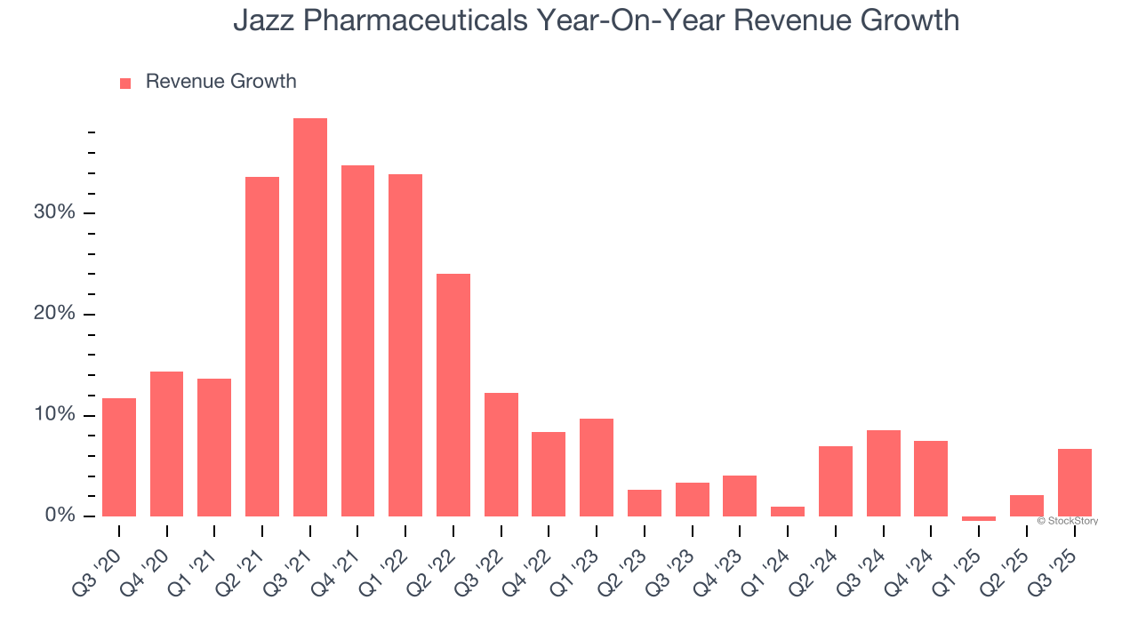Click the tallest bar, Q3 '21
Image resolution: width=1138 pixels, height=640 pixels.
(310, 317)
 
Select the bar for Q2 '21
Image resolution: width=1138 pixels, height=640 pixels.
(262, 347)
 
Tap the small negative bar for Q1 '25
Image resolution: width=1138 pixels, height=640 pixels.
(979, 518)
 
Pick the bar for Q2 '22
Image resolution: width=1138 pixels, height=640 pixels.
(453, 395)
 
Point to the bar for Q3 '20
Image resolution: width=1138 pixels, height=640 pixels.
(119, 457)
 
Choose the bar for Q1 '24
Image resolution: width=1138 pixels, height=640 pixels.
(788, 511)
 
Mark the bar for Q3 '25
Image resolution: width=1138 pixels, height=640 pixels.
(1074, 483)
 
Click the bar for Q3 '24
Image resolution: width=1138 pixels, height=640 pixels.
(883, 473)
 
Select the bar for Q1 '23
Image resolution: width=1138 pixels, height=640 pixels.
(597, 468)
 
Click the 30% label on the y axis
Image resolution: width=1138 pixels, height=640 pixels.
(55, 213)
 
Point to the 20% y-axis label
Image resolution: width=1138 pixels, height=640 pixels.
(55, 315)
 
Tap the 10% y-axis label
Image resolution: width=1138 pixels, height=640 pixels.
(55, 415)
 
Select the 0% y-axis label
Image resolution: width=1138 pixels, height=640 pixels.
(60, 516)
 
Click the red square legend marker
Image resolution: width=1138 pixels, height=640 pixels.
(125, 83)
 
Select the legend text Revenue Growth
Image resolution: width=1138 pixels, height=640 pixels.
(220, 82)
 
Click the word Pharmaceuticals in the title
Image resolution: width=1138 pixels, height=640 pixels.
(437, 20)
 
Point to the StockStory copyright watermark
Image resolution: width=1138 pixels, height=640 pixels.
(1067, 521)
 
